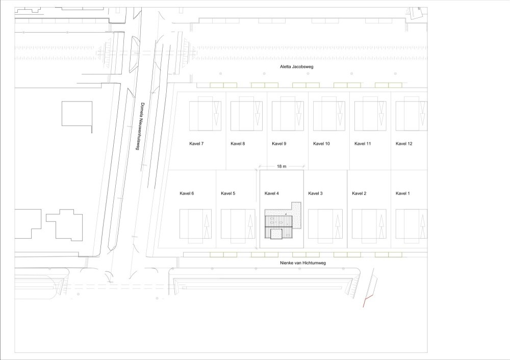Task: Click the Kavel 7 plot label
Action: (x=196, y=143)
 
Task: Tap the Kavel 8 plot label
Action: (x=238, y=143)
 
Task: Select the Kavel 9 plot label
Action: (x=279, y=143)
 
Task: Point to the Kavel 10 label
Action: (x=321, y=143)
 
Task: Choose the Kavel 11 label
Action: (x=363, y=143)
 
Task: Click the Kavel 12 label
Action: (x=404, y=143)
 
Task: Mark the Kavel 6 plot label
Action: (x=187, y=193)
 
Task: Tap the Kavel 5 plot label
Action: (x=228, y=193)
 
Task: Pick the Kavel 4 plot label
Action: (x=272, y=193)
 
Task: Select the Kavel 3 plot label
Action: (x=316, y=193)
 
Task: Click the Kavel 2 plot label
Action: (x=359, y=193)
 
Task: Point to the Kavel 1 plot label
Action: (x=403, y=193)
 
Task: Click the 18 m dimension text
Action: (x=282, y=166)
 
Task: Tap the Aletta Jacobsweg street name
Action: (x=297, y=67)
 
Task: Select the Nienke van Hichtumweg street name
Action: (x=303, y=263)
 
